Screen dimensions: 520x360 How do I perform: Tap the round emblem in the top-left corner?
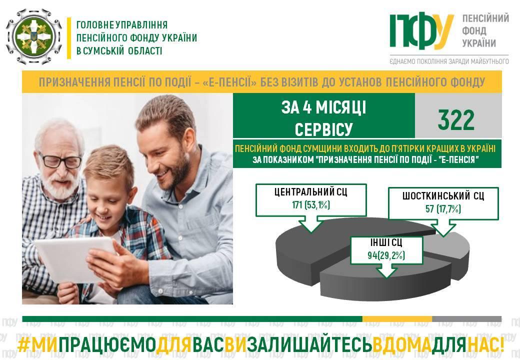pyautogui.click(x=34, y=36)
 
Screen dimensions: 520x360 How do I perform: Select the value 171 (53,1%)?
pyautogui.click(x=311, y=205)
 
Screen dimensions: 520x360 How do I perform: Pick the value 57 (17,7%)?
pyautogui.click(x=443, y=209)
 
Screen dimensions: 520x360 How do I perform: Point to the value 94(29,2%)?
pyautogui.click(x=386, y=255)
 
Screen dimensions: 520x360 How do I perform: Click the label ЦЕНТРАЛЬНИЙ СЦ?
pyautogui.click(x=310, y=192)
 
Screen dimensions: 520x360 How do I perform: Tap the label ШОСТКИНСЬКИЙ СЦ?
pyautogui.click(x=443, y=196)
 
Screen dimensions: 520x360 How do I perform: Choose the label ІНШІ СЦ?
pyautogui.click(x=386, y=242)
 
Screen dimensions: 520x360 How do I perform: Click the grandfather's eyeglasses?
pyautogui.click(x=59, y=161)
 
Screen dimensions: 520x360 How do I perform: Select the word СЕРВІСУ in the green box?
pyautogui.click(x=323, y=129)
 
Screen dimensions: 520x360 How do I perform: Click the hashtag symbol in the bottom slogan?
pyautogui.click(x=24, y=345)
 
